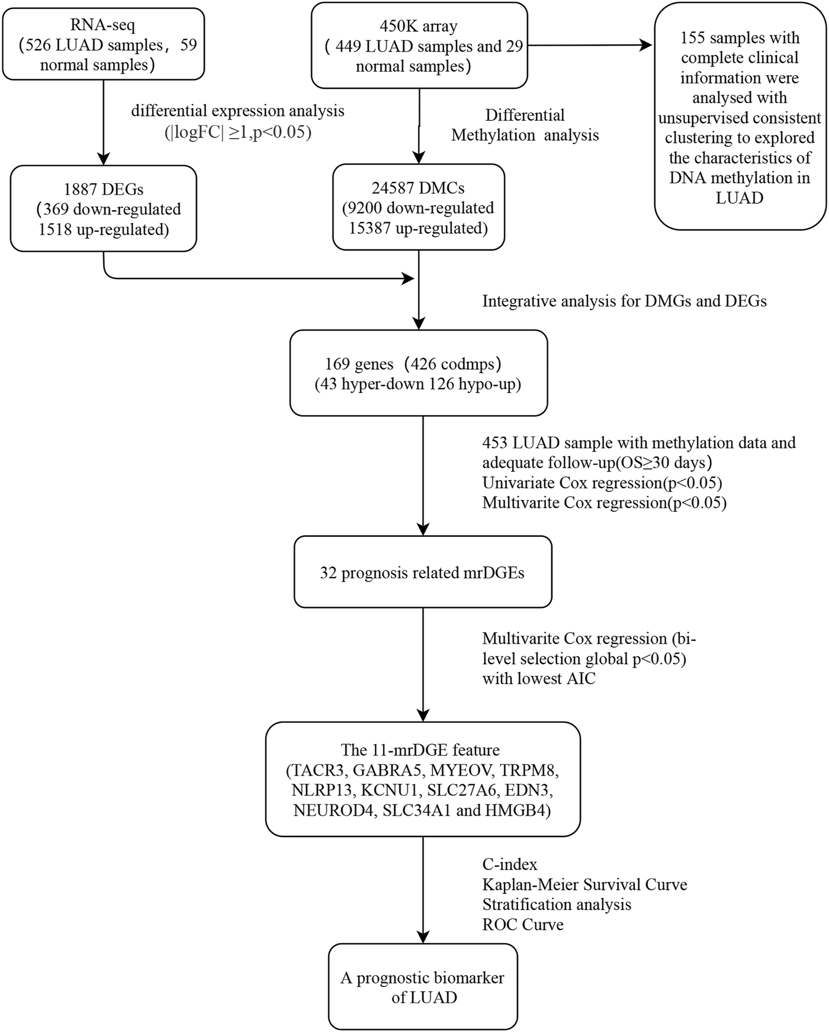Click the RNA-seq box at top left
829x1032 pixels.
tap(103, 45)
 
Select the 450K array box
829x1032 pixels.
tap(419, 46)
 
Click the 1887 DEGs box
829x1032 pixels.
tap(103, 209)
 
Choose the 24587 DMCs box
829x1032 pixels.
tap(419, 207)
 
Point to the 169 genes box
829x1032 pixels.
tap(418, 373)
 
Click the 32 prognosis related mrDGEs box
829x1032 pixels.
tap(422, 572)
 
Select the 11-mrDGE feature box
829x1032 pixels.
tap(422, 779)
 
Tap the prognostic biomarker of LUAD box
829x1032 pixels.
tap(422, 987)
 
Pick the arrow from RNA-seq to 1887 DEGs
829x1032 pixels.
tap(104, 121)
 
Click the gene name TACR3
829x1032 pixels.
tap(312, 771)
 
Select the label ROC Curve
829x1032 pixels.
tap(523, 925)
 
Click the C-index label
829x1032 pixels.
tap(510, 864)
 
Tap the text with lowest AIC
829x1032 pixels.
tap(539, 678)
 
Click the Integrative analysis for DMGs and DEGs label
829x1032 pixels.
tap(624, 301)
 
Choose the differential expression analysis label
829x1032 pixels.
tap(237, 111)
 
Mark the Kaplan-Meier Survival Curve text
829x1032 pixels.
tap(584, 884)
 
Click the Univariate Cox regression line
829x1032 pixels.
tap(602, 483)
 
